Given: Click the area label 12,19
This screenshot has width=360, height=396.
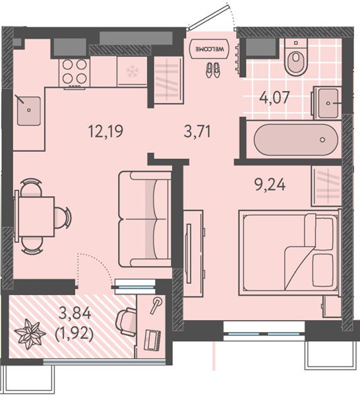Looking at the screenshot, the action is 105,131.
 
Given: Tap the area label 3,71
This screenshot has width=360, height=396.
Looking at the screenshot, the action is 198,131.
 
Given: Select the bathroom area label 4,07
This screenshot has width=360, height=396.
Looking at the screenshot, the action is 275,97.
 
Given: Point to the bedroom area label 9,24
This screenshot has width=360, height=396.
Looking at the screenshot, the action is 270,185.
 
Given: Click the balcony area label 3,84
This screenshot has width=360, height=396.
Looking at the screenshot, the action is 75,314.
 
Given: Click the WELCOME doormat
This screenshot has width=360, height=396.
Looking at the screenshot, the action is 210,49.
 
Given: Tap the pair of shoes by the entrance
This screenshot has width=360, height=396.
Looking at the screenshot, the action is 213,70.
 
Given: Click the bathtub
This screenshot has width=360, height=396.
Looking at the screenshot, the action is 296,140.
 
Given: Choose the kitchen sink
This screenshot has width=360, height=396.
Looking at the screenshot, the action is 29,111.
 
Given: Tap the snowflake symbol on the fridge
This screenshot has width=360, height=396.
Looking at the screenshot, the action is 131,71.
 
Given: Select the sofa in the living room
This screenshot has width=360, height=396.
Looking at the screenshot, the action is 145,219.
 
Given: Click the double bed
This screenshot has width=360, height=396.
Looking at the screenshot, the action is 289,252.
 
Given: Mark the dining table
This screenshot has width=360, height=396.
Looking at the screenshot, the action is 36,216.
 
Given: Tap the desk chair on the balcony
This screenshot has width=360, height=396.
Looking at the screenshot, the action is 127,322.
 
